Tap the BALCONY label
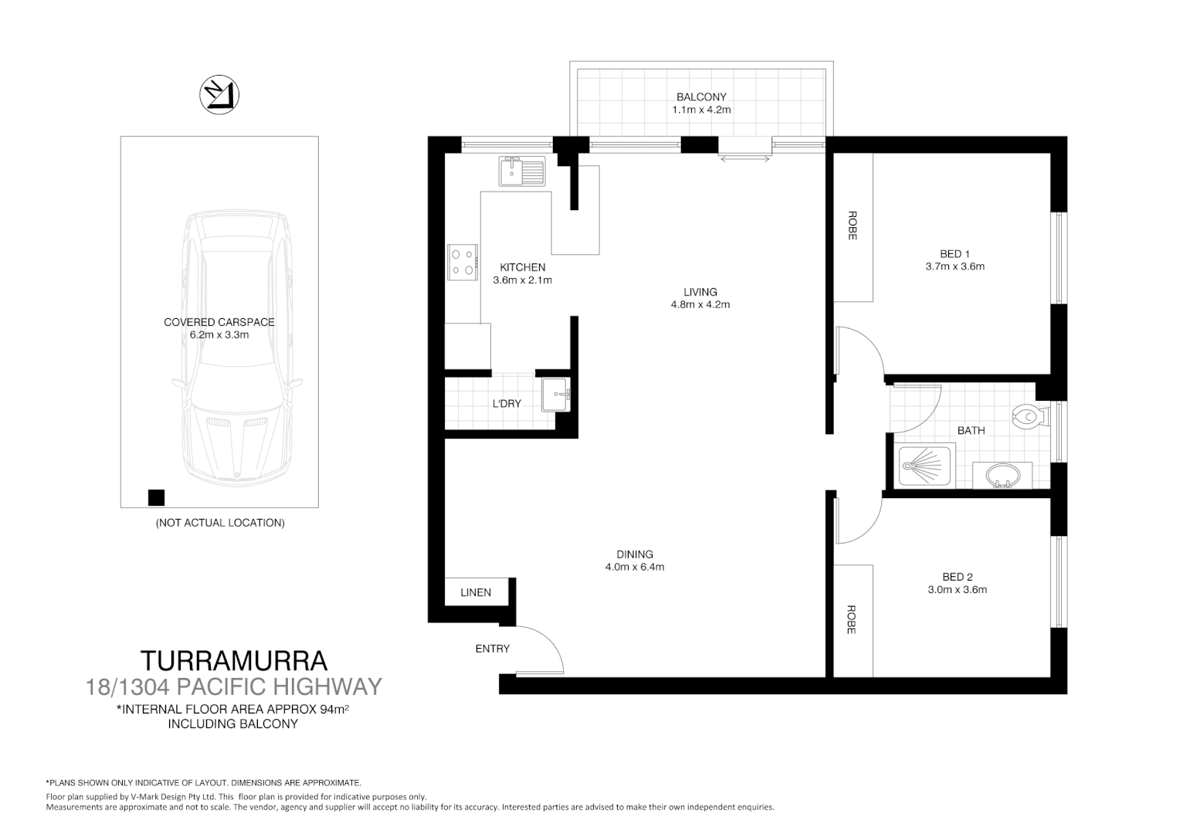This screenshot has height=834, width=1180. (701, 97)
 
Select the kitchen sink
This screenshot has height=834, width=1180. (522, 171)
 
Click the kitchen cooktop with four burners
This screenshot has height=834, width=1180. (463, 261)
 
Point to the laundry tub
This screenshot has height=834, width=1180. (555, 395)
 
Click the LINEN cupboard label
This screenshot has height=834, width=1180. (476, 592)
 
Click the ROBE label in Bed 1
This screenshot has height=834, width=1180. (853, 225)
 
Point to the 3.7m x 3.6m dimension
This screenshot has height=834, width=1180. (955, 266)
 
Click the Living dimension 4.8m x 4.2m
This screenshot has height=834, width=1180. (700, 304)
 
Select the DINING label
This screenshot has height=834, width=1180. (635, 554)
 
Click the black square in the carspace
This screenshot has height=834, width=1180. (156, 497)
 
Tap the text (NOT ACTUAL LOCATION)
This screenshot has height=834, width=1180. (220, 523)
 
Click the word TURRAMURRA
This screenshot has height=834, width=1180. (234, 661)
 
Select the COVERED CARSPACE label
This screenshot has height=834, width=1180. (219, 322)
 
